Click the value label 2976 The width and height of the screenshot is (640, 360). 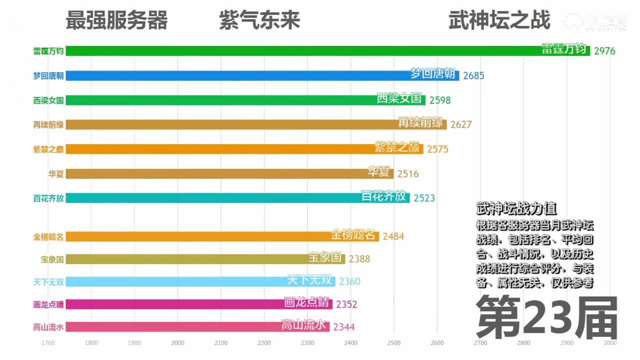604,51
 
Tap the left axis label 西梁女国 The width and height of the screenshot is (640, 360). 48,100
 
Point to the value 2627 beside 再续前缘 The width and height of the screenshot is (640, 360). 461,124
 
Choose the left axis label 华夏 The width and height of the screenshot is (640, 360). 56,174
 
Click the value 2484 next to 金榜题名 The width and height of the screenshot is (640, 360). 393,236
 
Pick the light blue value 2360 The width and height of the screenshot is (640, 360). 349,281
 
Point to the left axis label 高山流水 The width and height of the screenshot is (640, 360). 48,327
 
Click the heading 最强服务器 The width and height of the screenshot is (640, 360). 116,21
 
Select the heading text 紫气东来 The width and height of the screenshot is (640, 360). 259,21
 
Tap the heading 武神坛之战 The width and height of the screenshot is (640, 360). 499,21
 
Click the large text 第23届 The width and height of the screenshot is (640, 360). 546,317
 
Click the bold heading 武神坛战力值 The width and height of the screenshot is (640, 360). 516,208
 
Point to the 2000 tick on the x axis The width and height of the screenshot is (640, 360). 177,343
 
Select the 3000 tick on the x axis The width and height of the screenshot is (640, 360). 610,343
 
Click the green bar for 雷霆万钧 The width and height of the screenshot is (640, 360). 300,51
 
